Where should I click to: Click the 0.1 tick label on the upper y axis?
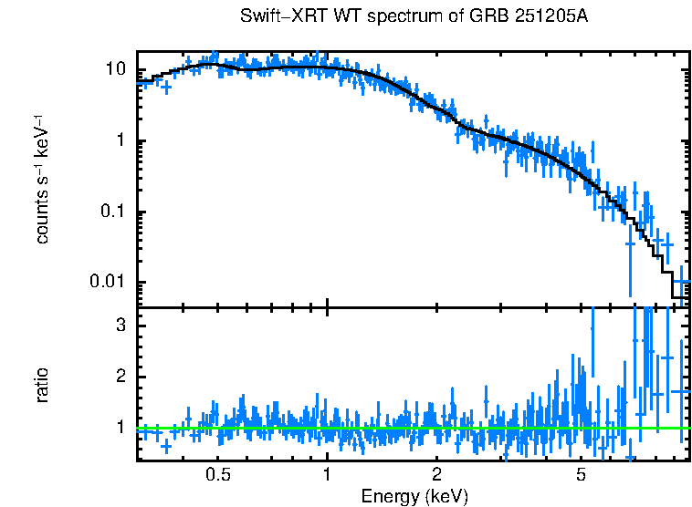tap(111, 212)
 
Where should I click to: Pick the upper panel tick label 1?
tap(121, 141)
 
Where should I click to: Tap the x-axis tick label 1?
tap(327, 475)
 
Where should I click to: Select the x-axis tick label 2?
tap(437, 475)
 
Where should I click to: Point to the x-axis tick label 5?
tap(582, 475)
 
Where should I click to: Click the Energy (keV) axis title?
tap(414, 496)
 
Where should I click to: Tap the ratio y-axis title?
tap(42, 385)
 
